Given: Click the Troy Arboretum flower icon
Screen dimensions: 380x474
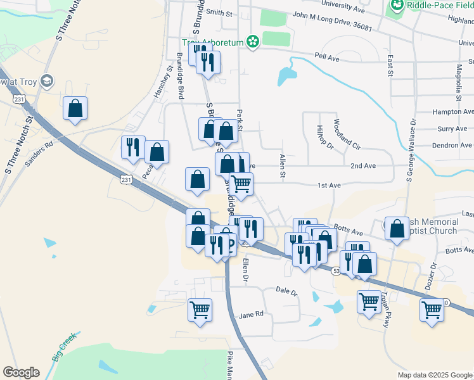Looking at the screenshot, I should [253, 42].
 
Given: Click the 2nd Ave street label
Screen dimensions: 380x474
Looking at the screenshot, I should [363, 165].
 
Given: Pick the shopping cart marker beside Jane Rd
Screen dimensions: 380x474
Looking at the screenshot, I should [200, 310].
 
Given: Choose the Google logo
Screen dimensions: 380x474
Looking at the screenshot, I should [21, 372].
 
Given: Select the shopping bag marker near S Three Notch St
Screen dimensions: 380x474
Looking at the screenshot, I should [75, 108].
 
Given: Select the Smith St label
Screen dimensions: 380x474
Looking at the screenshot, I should [219, 12].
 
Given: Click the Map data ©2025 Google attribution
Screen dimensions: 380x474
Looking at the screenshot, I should [434, 375].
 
